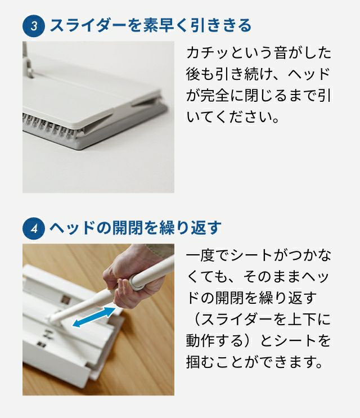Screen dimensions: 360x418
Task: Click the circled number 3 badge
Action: point(34,26)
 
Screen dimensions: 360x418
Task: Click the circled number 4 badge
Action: point(34,228)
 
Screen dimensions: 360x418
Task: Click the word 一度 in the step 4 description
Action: point(201,255)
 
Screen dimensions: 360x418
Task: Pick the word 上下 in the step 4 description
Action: point(302,320)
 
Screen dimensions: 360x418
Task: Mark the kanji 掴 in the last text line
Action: point(193,362)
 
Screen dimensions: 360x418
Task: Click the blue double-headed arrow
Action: point(94,317)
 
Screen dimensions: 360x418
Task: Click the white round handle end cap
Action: point(137,282)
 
